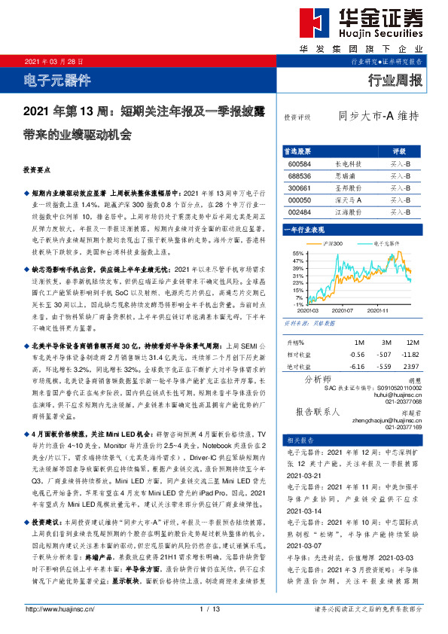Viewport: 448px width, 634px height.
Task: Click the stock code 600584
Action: coord(300,163)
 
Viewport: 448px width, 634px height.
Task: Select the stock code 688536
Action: coord(300,175)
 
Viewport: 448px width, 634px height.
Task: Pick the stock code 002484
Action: coord(300,212)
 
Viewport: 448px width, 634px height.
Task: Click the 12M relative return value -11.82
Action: coord(411,353)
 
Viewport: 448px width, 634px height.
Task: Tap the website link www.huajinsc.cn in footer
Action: coord(53,608)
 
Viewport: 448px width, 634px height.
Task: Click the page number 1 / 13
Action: coord(209,608)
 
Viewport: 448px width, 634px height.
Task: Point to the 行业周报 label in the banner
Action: coord(395,81)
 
